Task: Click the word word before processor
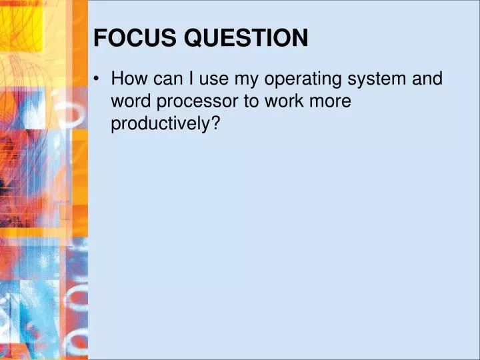coord(131,101)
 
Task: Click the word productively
coord(161,124)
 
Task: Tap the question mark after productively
coord(215,123)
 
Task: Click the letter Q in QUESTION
coord(193,39)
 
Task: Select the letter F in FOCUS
coord(99,39)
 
